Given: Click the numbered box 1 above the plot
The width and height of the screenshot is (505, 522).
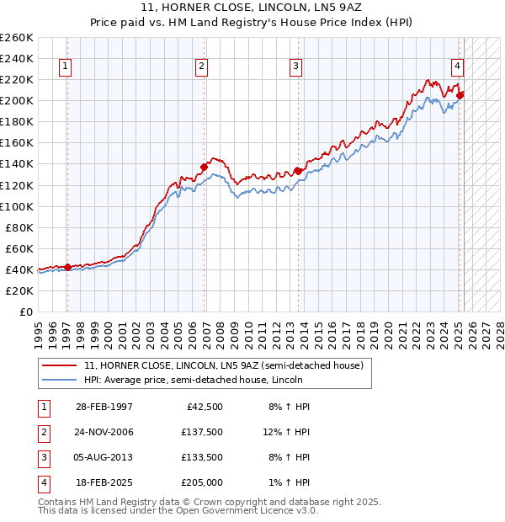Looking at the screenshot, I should pyautogui.click(x=66, y=68).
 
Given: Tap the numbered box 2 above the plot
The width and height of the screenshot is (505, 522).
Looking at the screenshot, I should pyautogui.click(x=202, y=68).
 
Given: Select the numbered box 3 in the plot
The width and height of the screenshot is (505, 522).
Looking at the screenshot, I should pyautogui.click(x=296, y=68).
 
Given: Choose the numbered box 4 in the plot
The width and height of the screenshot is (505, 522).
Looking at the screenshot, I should pyautogui.click(x=457, y=68).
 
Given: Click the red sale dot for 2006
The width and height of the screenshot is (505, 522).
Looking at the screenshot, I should pyautogui.click(x=205, y=167).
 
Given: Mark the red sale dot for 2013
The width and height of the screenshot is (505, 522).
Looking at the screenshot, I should pyautogui.click(x=298, y=171).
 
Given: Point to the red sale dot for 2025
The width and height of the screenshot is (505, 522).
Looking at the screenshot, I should pyautogui.click(x=460, y=95).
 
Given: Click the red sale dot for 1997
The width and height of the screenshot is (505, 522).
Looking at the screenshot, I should pyautogui.click(x=68, y=267).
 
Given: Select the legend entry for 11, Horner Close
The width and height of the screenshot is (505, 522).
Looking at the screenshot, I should pyautogui.click(x=223, y=365).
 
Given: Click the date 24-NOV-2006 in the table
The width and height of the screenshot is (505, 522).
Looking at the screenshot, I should pyautogui.click(x=104, y=433).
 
